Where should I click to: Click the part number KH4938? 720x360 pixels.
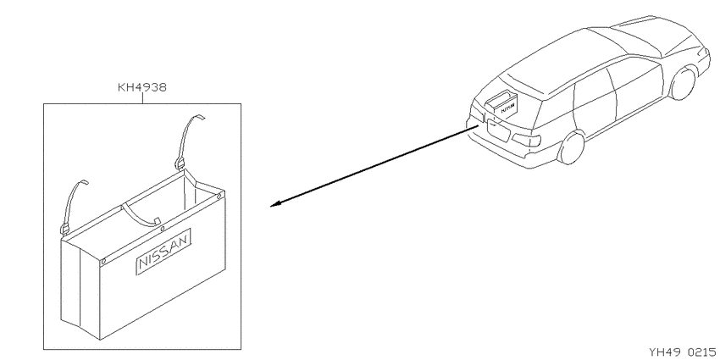tap(142, 87)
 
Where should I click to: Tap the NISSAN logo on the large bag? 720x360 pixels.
tap(163, 252)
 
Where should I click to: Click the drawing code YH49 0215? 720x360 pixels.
tap(682, 352)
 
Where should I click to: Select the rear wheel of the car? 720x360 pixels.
tap(571, 147)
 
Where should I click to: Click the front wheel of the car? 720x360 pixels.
tap(683, 83)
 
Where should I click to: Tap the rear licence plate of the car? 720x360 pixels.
tap(498, 129)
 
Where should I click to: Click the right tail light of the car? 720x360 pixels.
tap(526, 140)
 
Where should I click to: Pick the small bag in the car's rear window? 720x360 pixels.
tap(501, 104)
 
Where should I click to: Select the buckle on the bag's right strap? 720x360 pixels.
tap(180, 163)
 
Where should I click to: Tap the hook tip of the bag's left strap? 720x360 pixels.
tap(85, 182)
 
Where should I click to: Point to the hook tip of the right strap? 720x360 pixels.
tap(201, 116)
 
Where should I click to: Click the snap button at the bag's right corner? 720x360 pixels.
tap(219, 197)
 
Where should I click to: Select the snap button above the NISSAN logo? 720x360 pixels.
tap(162, 229)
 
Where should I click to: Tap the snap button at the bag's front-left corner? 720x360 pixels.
tap(104, 262)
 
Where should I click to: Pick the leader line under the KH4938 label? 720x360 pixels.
tap(142, 98)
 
